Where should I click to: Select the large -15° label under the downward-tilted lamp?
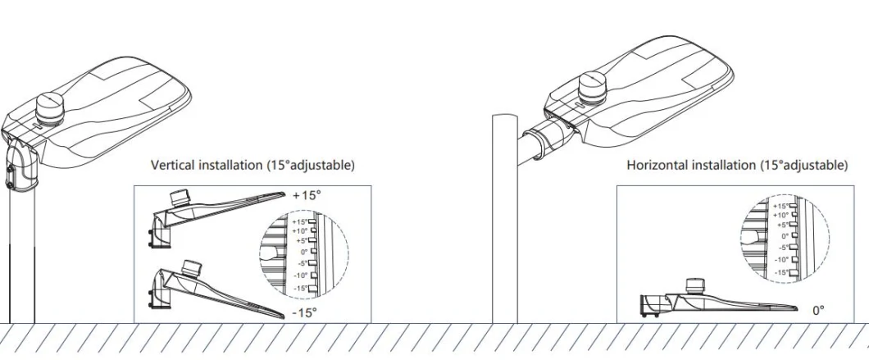(x=304, y=312)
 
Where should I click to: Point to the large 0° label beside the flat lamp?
(x=817, y=311)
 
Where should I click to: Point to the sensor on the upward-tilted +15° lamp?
(x=178, y=198)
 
